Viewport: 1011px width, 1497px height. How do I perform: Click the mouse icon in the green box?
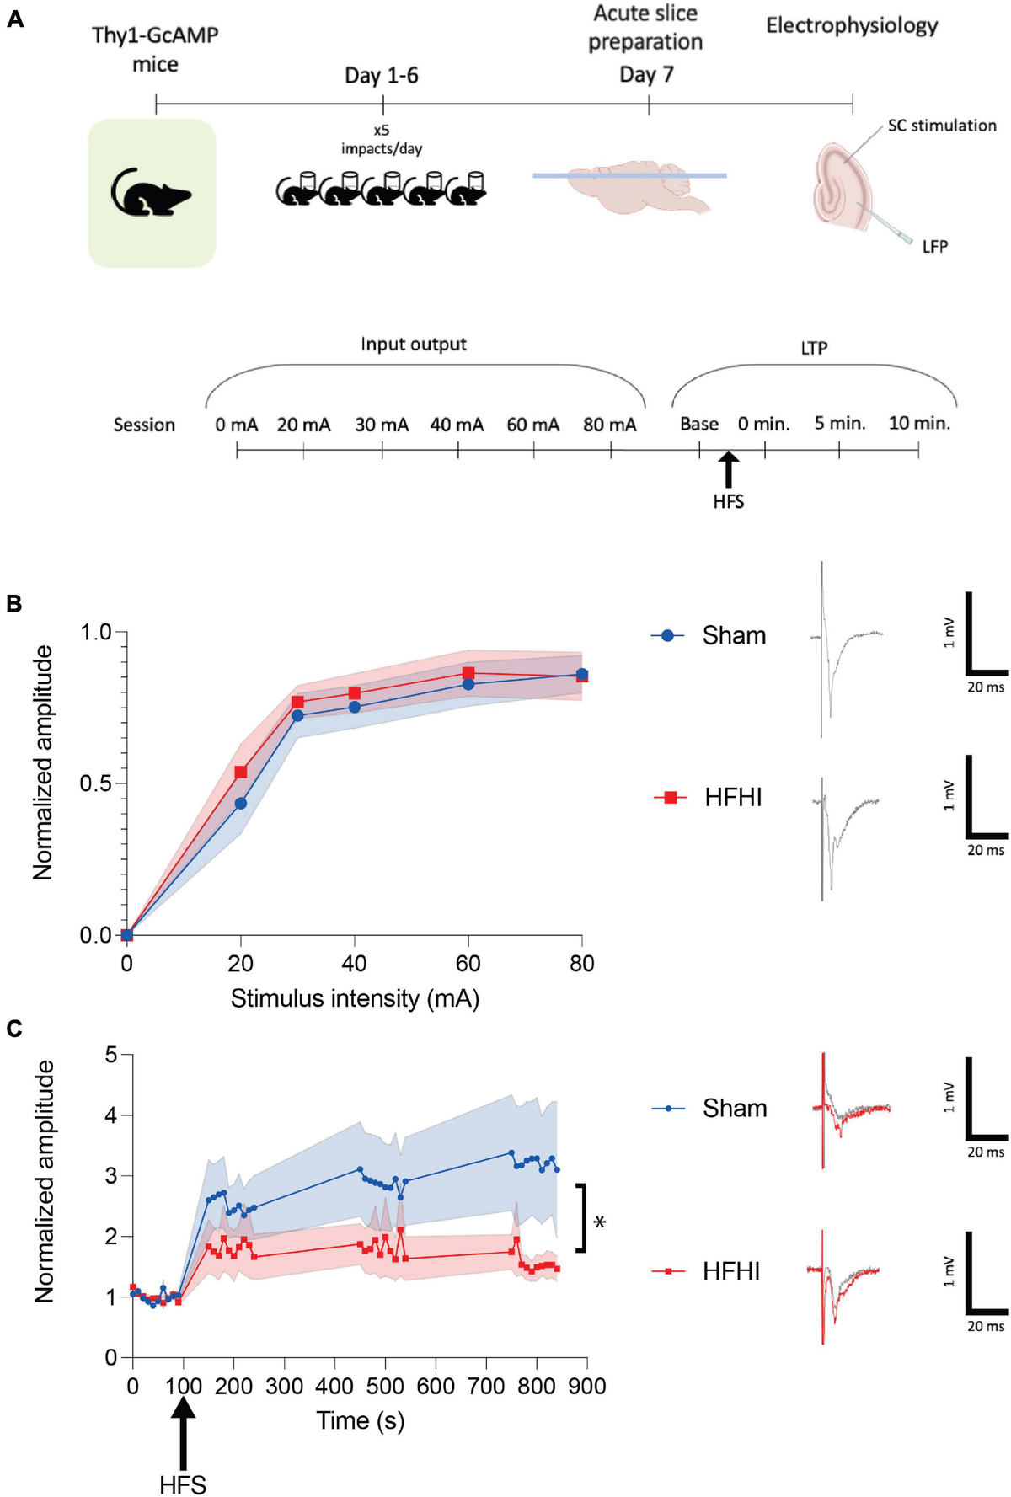click(152, 193)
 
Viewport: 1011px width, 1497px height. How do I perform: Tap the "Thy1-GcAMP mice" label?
click(155, 50)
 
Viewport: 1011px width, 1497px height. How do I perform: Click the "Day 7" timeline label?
click(646, 75)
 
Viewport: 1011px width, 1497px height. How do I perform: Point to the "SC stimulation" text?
click(941, 126)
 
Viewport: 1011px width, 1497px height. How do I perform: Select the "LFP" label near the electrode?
click(934, 247)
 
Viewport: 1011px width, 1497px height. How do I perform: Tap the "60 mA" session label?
click(532, 425)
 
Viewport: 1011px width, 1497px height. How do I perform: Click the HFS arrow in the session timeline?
click(729, 468)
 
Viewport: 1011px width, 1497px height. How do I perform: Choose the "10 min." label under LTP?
click(918, 423)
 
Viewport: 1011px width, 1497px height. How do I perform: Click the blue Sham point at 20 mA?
click(241, 804)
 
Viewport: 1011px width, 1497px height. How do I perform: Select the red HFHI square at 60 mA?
click(468, 673)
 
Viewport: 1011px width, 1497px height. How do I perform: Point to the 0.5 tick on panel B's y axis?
click(96, 783)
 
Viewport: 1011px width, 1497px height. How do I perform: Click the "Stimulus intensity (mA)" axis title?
click(355, 999)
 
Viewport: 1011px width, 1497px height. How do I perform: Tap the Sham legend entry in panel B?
click(709, 635)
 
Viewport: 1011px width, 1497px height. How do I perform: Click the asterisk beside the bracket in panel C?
click(600, 1222)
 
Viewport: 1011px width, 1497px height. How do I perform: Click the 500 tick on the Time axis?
click(385, 1387)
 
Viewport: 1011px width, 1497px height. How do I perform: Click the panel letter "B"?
click(14, 604)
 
